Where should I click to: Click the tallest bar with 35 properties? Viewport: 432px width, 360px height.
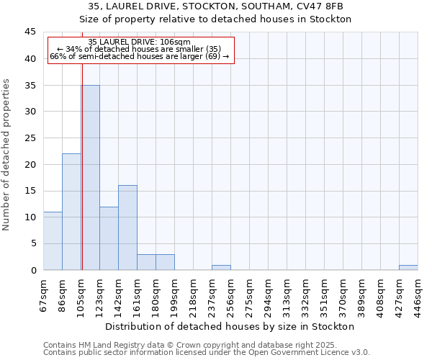click(x=91, y=177)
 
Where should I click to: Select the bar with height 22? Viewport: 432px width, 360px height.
click(x=71, y=212)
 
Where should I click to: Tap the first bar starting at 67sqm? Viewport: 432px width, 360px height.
click(x=53, y=240)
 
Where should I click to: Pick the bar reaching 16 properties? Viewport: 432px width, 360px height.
click(x=127, y=228)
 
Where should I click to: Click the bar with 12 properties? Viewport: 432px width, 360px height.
click(x=109, y=238)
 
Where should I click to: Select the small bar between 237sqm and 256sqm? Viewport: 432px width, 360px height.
click(x=221, y=267)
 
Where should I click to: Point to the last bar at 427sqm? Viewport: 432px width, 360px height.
click(x=408, y=267)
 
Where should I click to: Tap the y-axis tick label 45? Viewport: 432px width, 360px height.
click(x=30, y=32)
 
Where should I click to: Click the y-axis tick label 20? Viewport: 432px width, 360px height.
click(x=30, y=164)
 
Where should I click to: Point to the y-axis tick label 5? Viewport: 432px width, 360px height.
click(x=32, y=243)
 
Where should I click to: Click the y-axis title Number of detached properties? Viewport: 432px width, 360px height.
click(x=7, y=155)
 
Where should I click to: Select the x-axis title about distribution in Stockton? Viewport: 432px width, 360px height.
click(x=235, y=326)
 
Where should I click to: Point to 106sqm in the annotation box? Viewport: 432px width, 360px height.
click(x=175, y=42)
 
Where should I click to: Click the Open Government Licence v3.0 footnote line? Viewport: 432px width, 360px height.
click(x=207, y=352)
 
